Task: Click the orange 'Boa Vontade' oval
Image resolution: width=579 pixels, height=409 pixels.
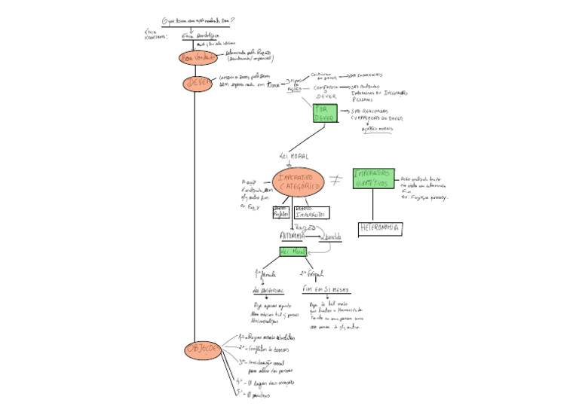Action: point(198,58)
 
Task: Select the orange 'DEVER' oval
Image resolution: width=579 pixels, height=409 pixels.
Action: point(198,83)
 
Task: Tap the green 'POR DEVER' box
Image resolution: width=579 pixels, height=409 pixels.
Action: point(325,114)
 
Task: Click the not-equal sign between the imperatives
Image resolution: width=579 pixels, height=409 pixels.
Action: point(336,179)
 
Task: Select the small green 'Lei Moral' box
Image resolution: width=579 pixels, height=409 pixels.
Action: point(293,251)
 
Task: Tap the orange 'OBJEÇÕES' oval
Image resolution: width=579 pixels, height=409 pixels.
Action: point(202,349)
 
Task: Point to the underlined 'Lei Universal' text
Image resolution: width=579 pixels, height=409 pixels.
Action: point(268,290)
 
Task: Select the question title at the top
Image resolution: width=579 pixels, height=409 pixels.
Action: point(198,21)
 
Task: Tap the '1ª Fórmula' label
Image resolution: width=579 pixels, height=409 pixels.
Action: point(267,273)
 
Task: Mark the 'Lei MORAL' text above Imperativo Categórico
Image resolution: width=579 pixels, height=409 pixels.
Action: point(294,156)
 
